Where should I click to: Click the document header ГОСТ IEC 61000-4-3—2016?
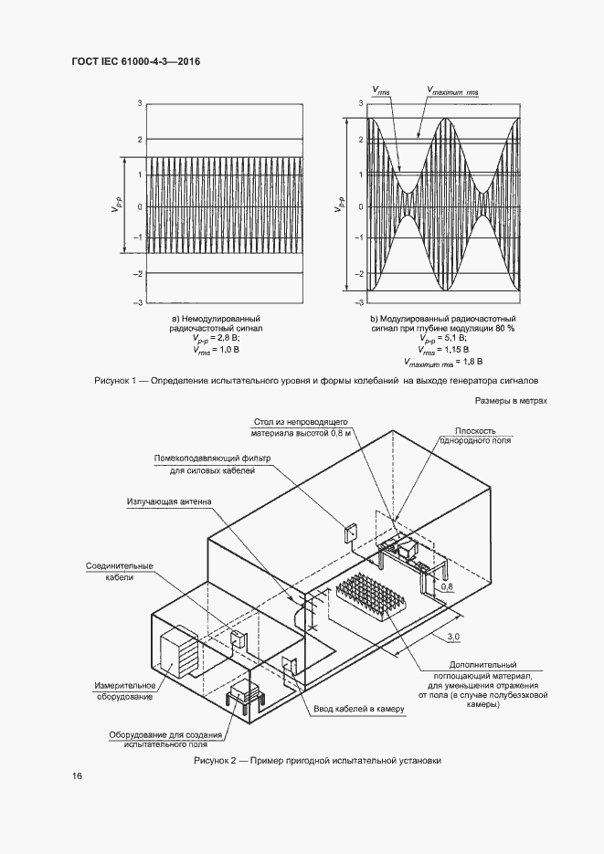tap(135, 61)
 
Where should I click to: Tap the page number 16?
tap(77, 776)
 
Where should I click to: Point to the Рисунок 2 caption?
tap(317, 760)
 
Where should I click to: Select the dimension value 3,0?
tap(452, 636)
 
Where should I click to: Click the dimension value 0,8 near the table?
tap(447, 588)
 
